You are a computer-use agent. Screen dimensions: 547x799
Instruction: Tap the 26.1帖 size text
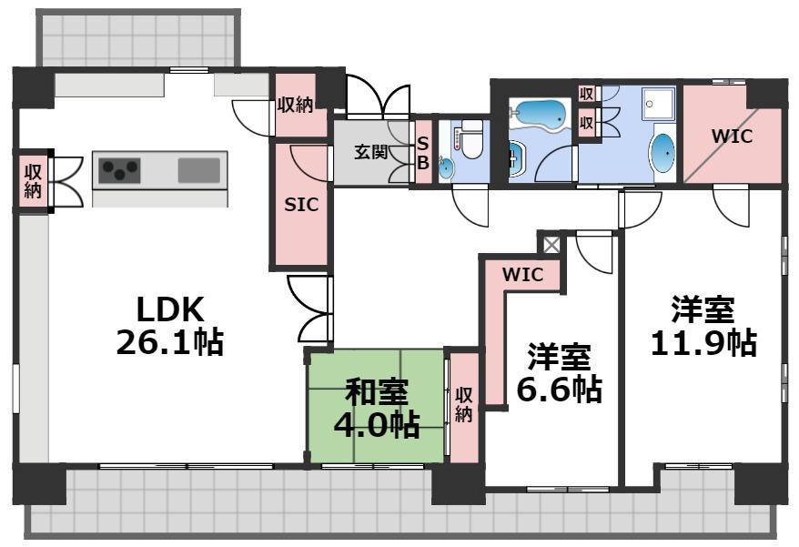pyautogui.click(x=170, y=343)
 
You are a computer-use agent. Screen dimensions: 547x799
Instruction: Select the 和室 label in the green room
pyautogui.click(x=376, y=393)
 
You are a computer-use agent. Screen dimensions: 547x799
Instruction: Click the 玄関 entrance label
pyautogui.click(x=371, y=151)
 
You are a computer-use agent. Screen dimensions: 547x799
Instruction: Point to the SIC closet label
pyautogui.click(x=301, y=205)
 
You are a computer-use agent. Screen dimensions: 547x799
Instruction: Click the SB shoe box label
pyautogui.click(x=422, y=151)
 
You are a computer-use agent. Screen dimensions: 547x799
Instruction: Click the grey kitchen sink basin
pyautogui.click(x=198, y=170)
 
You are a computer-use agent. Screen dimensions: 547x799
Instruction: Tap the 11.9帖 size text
pyautogui.click(x=703, y=344)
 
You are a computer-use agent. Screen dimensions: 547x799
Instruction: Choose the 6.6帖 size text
pyautogui.click(x=559, y=390)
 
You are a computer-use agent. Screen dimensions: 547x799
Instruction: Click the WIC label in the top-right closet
pyautogui.click(x=732, y=137)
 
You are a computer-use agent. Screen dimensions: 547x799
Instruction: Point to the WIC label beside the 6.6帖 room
pyautogui.click(x=522, y=274)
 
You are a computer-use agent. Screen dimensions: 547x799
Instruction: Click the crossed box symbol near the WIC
pyautogui.click(x=551, y=244)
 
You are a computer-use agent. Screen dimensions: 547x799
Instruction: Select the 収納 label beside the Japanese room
pyautogui.click(x=464, y=406)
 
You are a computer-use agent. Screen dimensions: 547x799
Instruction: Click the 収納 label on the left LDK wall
pyautogui.click(x=33, y=180)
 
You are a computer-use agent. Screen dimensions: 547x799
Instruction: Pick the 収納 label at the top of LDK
pyautogui.click(x=295, y=106)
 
